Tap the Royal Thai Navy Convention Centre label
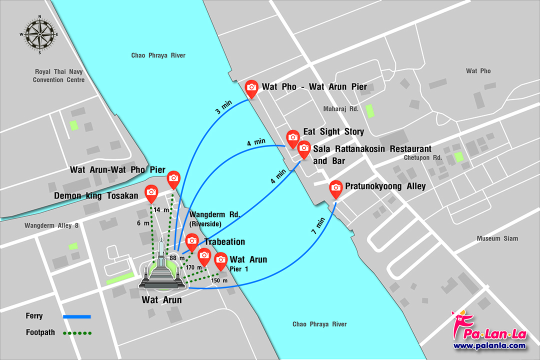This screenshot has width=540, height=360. (x=58, y=75)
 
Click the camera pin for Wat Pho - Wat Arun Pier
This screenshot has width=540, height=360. (x=251, y=88)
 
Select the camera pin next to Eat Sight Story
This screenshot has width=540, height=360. (x=293, y=137)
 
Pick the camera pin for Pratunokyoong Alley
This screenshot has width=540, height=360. (x=336, y=187)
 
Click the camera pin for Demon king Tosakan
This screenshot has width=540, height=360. (x=151, y=192)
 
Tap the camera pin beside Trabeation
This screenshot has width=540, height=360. (x=192, y=242)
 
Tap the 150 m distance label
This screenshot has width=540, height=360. (x=219, y=280)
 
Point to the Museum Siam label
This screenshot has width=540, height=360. (x=497, y=238)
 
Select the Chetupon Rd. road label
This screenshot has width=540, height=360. (x=422, y=157)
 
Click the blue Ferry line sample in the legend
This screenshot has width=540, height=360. (x=76, y=316)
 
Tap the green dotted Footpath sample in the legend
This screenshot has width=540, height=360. (x=76, y=332)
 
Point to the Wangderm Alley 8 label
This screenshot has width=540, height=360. (x=51, y=226)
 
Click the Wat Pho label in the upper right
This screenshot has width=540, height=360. (x=478, y=71)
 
